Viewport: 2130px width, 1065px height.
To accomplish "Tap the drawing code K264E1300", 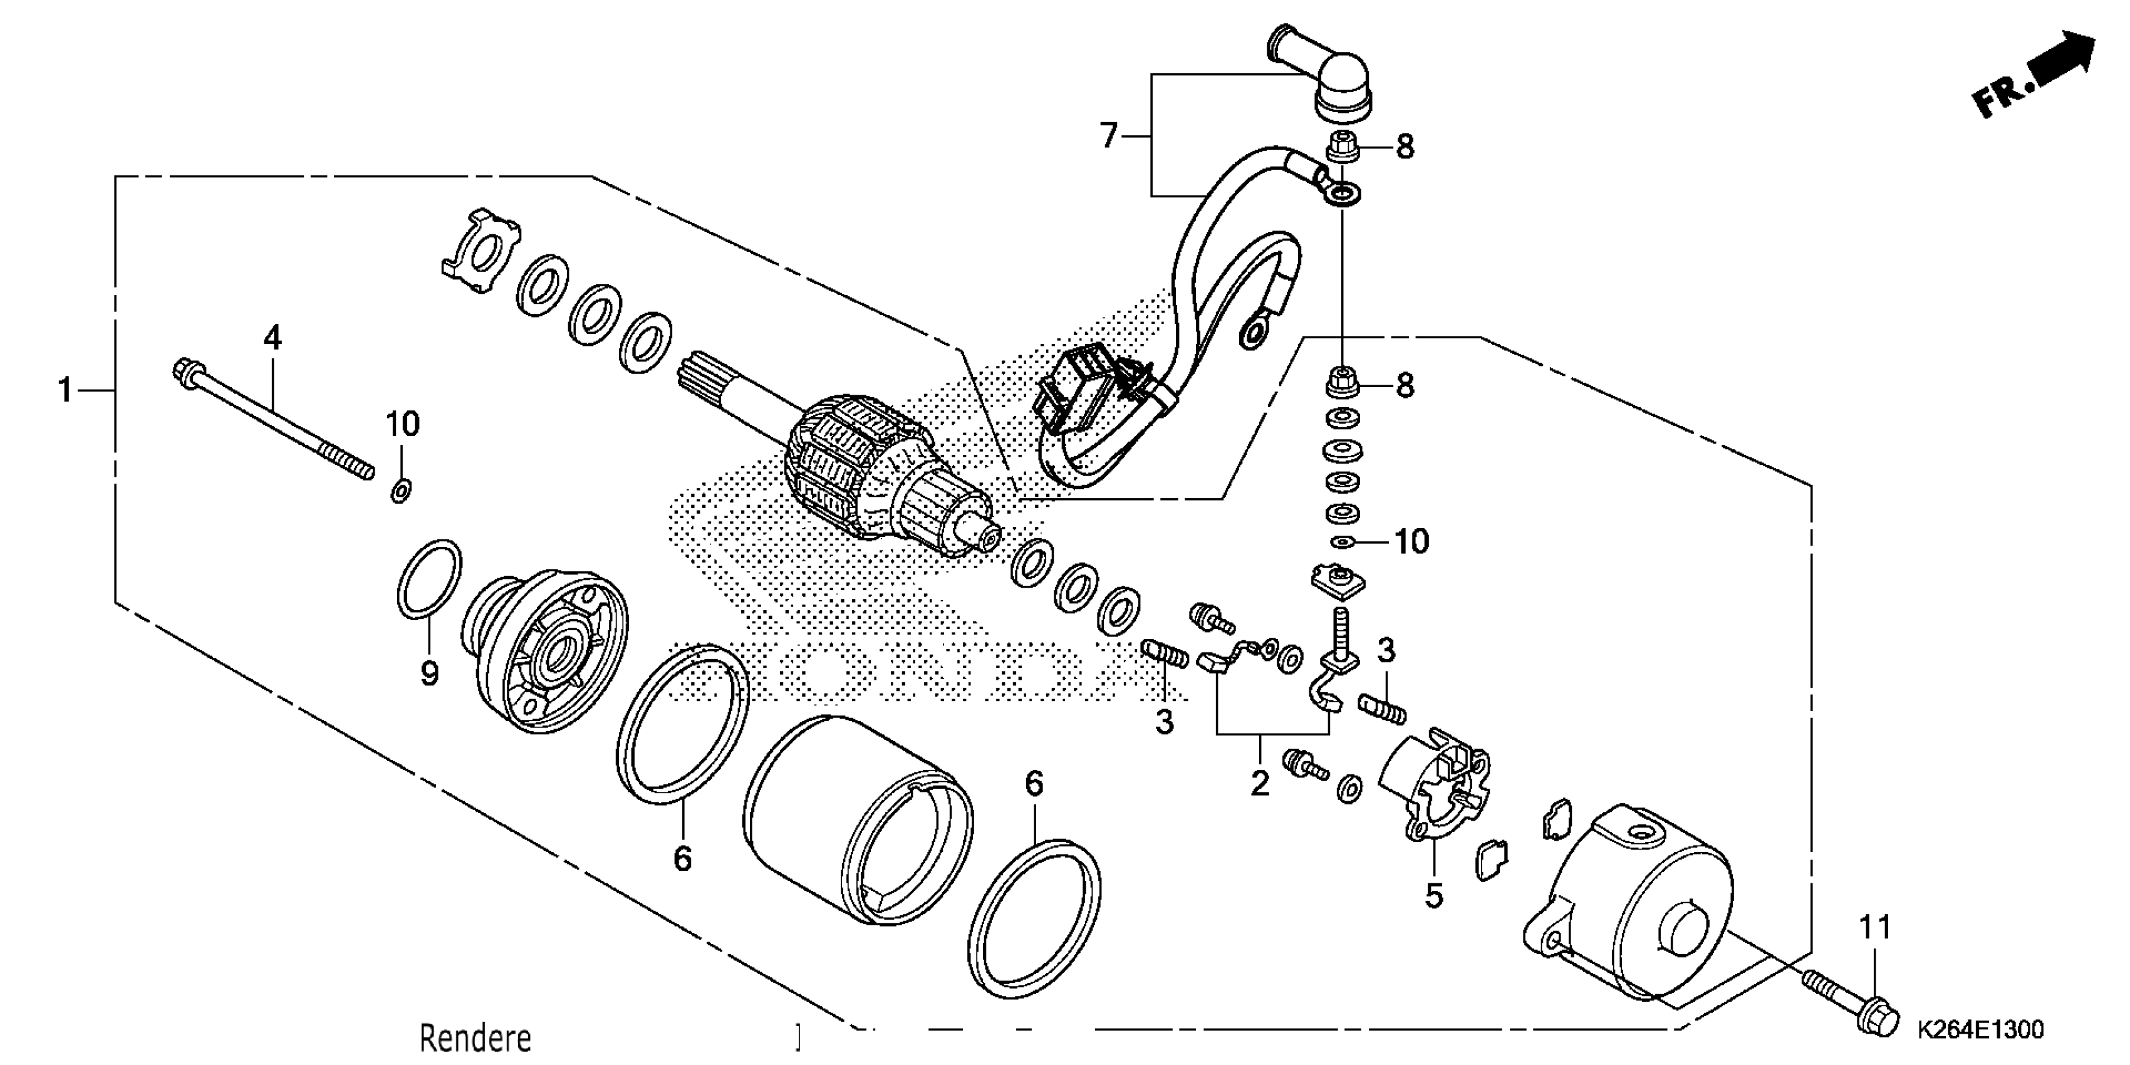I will tap(1980, 1029).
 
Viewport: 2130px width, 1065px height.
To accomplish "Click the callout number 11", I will tap(1875, 928).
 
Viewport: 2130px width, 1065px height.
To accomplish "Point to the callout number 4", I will tap(272, 338).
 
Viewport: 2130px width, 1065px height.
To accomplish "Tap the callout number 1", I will tap(65, 390).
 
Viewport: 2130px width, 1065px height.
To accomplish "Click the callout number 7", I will tap(1109, 135).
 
